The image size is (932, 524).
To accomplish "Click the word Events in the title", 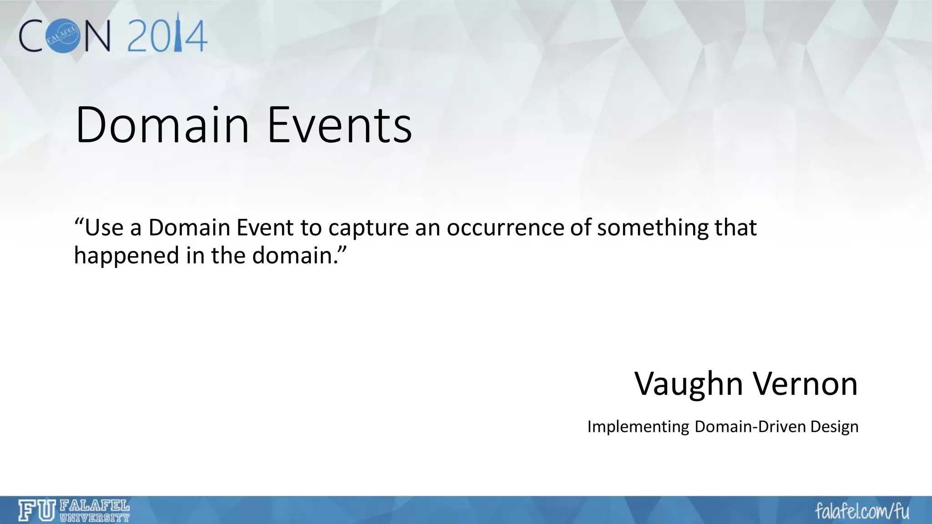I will pos(339,125).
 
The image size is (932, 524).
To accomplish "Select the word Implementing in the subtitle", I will pos(638,427).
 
